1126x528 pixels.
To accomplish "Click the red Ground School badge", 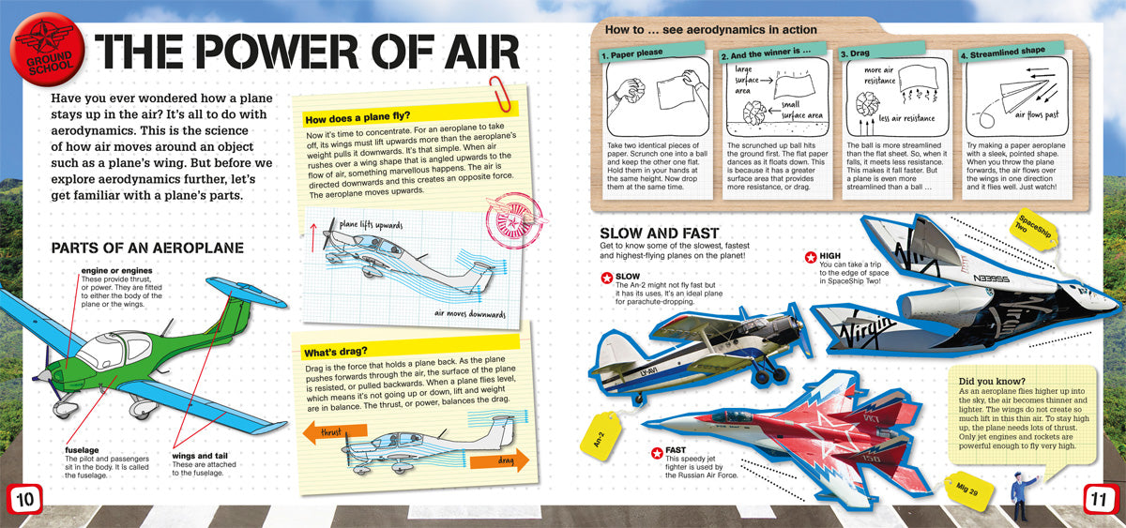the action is point(47,49).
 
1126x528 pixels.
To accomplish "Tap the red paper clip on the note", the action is point(500,95).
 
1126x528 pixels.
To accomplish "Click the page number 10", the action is point(24,499).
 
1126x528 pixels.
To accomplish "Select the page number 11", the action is point(1101,499).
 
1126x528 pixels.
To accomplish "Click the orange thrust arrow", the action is point(335,432).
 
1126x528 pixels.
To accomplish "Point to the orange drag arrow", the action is point(499,460).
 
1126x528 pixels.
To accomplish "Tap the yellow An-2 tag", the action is point(601,435).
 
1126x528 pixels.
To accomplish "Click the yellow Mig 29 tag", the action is point(968,490).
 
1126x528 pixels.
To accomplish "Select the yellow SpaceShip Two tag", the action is point(1033,229).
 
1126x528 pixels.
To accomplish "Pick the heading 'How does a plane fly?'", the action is point(358,117).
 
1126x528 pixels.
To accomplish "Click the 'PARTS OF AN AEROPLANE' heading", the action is point(147,248).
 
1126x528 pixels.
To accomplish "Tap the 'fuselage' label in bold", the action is point(82,449).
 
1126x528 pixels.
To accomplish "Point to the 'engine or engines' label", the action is point(116,270).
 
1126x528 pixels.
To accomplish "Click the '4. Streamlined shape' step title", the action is point(1002,53).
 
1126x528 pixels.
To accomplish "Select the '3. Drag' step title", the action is point(855,53).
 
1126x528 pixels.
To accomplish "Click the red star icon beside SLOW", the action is point(607,278).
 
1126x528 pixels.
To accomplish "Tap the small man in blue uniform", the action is point(1022,496).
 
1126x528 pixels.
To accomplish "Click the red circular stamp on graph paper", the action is point(514,221).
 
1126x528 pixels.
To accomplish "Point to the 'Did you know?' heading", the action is point(991,382).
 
